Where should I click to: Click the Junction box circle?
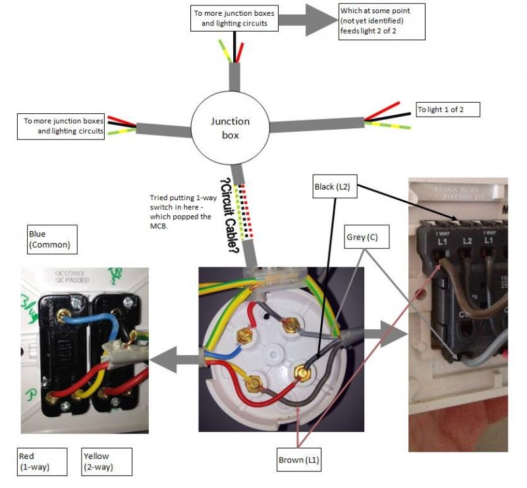point(230,126)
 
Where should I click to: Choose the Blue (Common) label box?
point(52,240)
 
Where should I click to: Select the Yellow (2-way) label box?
point(106,462)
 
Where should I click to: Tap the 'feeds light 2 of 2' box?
point(381,22)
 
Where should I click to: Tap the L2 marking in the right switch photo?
point(466,242)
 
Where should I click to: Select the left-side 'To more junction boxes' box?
point(63,126)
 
